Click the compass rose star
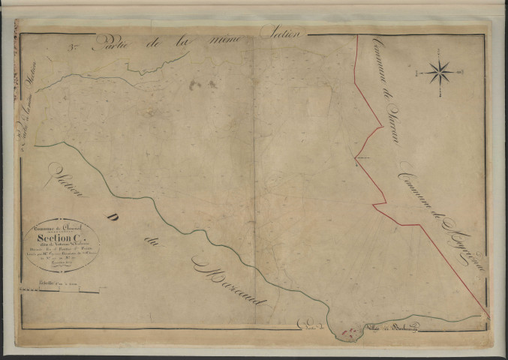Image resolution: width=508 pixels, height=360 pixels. coord(440,73)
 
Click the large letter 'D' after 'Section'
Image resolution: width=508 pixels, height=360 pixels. coord(116,218)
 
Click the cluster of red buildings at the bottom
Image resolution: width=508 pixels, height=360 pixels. coord(347,330)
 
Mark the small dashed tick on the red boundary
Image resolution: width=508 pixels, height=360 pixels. coord(363,159)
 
